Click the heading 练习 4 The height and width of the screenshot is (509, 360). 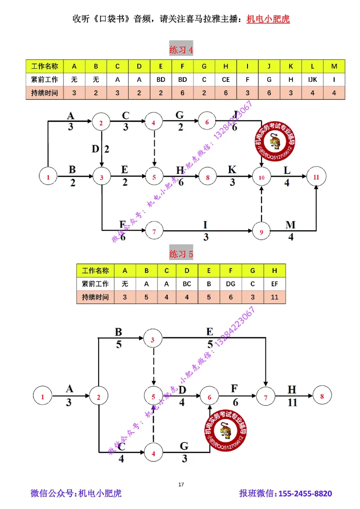(x=181, y=50)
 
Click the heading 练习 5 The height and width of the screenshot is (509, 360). (x=181, y=254)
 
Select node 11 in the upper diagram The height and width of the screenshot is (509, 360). (x=316, y=177)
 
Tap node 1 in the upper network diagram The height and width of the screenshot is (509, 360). (x=48, y=177)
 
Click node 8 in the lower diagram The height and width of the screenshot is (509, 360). (x=321, y=397)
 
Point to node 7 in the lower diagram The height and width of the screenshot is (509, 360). (x=265, y=397)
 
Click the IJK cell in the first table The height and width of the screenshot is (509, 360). (x=312, y=80)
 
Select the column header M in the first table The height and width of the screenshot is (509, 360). (x=334, y=67)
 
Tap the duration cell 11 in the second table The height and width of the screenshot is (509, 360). (x=274, y=297)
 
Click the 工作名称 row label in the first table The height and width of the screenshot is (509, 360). (x=45, y=67)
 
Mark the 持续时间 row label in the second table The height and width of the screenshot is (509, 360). (x=95, y=297)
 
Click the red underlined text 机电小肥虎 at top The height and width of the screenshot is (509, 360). (x=268, y=19)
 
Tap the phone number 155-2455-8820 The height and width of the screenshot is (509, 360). (x=306, y=494)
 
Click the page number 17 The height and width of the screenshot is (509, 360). (x=181, y=484)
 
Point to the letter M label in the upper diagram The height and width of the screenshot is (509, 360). (x=291, y=225)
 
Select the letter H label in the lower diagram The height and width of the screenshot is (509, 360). (x=292, y=389)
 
